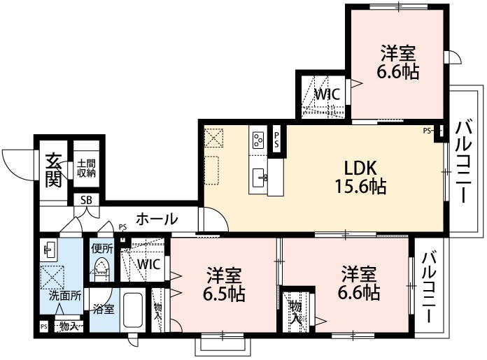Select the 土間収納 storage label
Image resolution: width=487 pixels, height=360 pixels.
86,168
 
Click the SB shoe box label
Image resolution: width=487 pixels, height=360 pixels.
85,200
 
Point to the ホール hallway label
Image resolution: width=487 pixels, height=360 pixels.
156,219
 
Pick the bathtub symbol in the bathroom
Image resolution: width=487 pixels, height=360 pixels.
134,310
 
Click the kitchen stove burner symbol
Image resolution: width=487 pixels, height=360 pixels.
257,140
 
